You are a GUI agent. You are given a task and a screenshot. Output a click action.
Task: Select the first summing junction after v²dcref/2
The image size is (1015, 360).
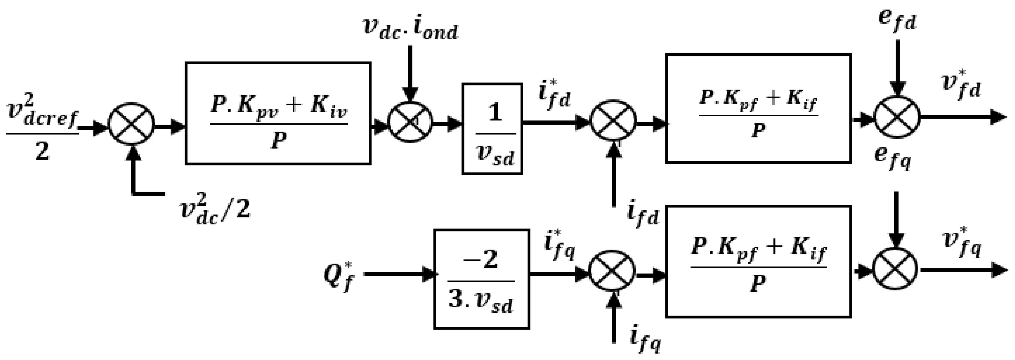(131, 127)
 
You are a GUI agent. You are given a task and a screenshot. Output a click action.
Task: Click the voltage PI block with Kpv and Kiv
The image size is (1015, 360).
(278, 113)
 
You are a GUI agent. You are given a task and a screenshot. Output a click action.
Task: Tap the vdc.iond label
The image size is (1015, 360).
(410, 30)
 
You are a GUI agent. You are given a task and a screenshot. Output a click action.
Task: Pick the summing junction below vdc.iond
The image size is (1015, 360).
(410, 122)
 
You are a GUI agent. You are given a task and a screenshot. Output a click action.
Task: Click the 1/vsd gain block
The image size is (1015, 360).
(492, 129)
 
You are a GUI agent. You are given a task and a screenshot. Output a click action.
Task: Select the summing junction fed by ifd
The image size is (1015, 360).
(613, 123)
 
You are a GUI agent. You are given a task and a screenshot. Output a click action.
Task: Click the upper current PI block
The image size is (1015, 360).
(758, 108)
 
